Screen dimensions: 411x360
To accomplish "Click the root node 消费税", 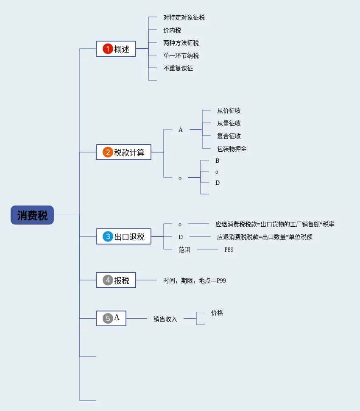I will [32, 215].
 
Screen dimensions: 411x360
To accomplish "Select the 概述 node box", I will [116, 49].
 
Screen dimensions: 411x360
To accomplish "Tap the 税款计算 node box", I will [123, 152].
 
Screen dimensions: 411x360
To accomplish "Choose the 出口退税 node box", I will [123, 236].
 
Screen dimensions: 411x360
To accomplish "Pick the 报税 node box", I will [116, 280].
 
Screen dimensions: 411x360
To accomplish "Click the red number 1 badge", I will [108, 49].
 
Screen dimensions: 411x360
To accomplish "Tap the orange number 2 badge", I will [108, 152].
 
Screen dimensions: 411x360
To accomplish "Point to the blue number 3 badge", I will [108, 236].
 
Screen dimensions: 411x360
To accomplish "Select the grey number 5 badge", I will [108, 318].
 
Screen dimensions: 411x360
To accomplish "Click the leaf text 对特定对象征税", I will [184, 18].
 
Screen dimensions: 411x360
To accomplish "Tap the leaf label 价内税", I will [172, 31].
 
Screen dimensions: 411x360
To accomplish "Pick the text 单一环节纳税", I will [181, 56].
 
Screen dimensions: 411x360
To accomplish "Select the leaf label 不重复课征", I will [178, 68].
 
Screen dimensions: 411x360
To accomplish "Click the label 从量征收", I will [229, 124].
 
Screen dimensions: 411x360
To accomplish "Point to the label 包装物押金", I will [232, 149].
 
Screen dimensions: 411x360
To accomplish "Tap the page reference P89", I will [229, 250].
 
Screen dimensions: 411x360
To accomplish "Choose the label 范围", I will [184, 250].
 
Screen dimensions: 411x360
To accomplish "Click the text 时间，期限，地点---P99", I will [195, 280].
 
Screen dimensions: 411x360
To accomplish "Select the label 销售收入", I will [165, 319].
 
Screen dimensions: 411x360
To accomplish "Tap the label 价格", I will [217, 313].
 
